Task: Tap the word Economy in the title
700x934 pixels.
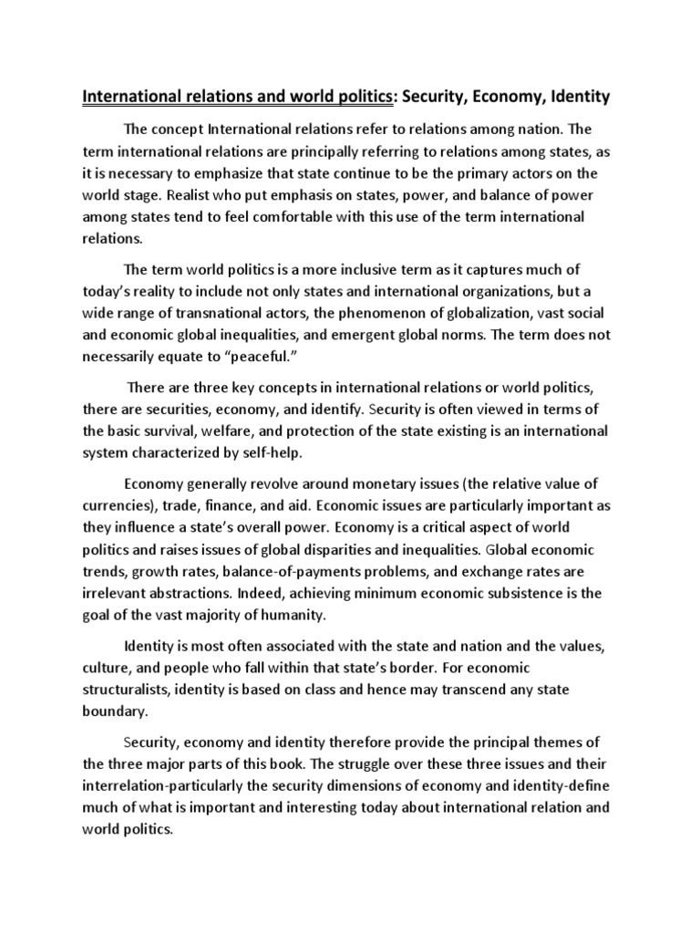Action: (x=493, y=95)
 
